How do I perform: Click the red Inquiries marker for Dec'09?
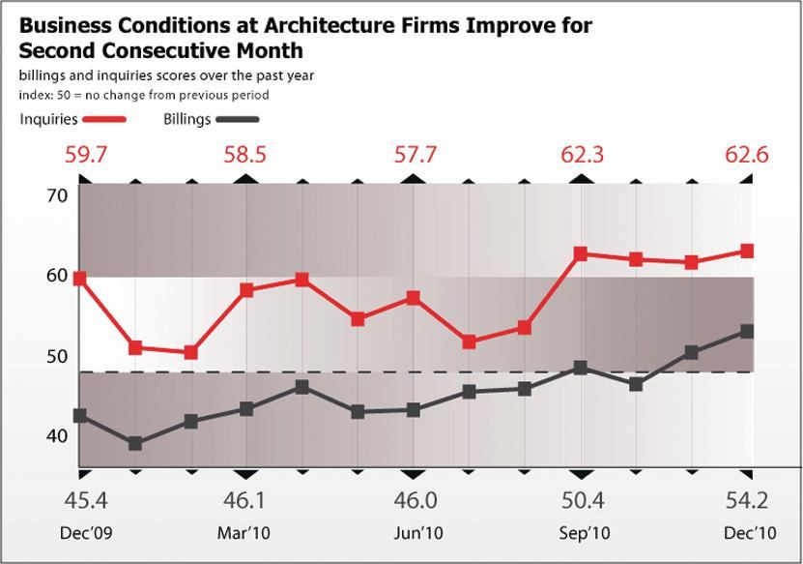click(x=80, y=279)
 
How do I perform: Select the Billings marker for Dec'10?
click(x=747, y=332)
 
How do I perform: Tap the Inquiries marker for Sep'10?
click(x=581, y=254)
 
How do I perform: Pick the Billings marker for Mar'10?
click(x=246, y=409)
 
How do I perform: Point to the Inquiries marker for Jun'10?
click(x=414, y=298)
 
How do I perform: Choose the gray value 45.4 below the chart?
click(x=85, y=500)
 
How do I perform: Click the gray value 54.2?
click(x=747, y=500)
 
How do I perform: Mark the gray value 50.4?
click(x=583, y=500)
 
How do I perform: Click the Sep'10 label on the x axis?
click(x=585, y=533)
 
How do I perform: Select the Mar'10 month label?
click(x=244, y=533)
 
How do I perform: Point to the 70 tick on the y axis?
click(x=57, y=195)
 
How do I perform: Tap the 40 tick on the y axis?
click(x=57, y=436)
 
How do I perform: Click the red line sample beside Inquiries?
click(x=105, y=120)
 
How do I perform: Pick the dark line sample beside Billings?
click(x=238, y=120)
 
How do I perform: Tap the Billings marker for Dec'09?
click(x=80, y=416)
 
